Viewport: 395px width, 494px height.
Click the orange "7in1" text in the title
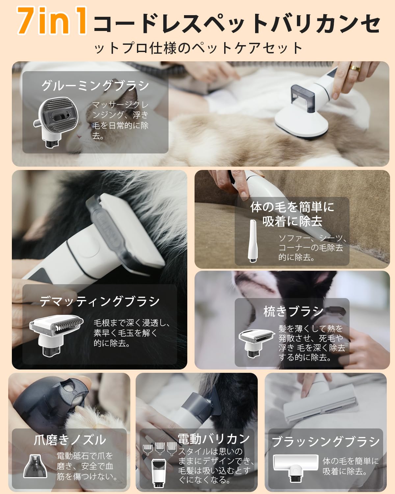pyautogui.click(x=52, y=21)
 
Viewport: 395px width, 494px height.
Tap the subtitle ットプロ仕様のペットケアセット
pyautogui.click(x=198, y=48)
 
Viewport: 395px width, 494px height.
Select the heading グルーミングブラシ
pyautogui.click(x=95, y=86)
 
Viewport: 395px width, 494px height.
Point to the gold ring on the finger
pyautogui.click(x=355, y=68)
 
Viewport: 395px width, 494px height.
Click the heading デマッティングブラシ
pyautogui.click(x=99, y=301)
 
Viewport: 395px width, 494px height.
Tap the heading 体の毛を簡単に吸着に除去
pyautogui.click(x=292, y=214)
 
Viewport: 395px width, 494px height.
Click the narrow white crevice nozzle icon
pyautogui.click(x=253, y=241)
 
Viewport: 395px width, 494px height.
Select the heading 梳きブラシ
pyautogui.click(x=293, y=312)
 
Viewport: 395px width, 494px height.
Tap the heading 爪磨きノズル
pyautogui.click(x=70, y=440)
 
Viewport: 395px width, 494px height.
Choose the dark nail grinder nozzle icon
pyautogui.click(x=35, y=466)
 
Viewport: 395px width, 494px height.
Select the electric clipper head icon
pyautogui.click(x=159, y=473)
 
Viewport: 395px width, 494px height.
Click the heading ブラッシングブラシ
pyautogui.click(x=326, y=441)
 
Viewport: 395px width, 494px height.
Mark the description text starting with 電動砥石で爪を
pyautogui.click(x=87, y=466)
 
